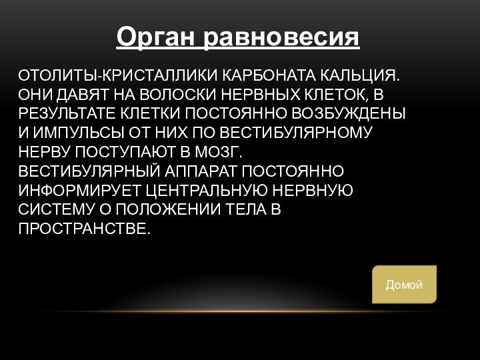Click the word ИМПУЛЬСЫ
pos(69,132)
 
